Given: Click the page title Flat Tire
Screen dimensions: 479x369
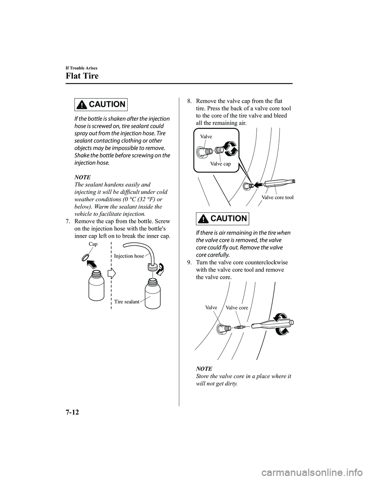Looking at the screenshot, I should coord(82,75).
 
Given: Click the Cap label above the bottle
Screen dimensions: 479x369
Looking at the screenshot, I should coord(93,244).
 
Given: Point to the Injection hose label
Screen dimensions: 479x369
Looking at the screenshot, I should coord(129,256).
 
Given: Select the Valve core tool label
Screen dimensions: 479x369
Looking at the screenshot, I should coord(278,197).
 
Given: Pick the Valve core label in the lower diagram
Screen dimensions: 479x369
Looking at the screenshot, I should coord(237,307).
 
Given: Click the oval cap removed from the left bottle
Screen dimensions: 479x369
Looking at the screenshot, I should coord(86,257).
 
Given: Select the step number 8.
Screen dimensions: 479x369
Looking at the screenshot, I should coord(189,102).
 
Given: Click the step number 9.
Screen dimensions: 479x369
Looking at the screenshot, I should coord(189,262).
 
